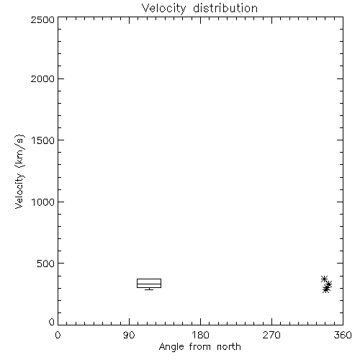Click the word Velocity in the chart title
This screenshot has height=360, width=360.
[x=164, y=9]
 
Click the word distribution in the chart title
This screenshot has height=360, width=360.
[x=225, y=8]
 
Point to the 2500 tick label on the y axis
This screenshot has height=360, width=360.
[x=42, y=19]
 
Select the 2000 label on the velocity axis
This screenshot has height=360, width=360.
[x=42, y=78]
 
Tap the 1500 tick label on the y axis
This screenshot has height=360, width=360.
[x=43, y=140]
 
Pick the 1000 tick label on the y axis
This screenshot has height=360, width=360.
[x=43, y=202]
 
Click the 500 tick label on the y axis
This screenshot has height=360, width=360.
[x=46, y=264]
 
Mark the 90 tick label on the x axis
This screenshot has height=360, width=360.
[x=129, y=335]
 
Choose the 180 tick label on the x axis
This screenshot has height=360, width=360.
[x=200, y=335]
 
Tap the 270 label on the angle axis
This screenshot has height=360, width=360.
[x=271, y=335]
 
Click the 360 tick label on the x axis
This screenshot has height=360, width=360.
[x=343, y=335]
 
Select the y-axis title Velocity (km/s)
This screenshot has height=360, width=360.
[x=19, y=171]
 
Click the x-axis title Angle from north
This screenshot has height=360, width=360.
[x=199, y=347]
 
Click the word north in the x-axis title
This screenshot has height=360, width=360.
[x=229, y=347]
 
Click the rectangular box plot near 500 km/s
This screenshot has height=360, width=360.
[x=149, y=279]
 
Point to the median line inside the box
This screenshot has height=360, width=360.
[x=149, y=284]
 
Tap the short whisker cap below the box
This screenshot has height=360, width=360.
[x=149, y=289]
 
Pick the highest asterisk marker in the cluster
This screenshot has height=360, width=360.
[x=325, y=279]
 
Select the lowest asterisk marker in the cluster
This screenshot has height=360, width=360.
[x=325, y=290]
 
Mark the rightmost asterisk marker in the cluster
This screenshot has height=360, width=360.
[x=329, y=284]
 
